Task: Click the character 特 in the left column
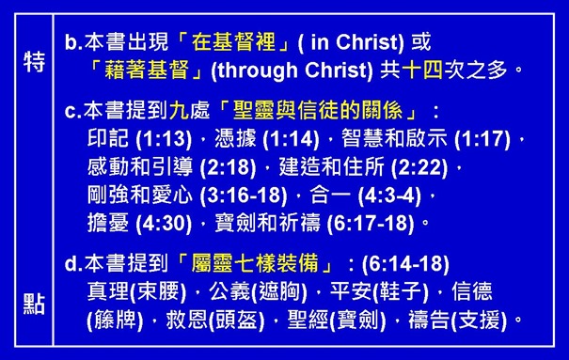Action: (32, 62)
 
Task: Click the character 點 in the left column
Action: (32, 305)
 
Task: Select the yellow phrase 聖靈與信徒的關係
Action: (302, 112)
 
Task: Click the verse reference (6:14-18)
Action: (409, 263)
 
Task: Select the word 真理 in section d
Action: (103, 291)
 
